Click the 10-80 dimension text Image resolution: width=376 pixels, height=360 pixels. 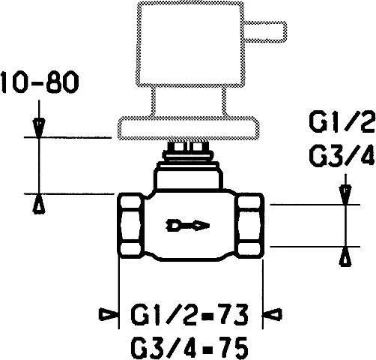40,82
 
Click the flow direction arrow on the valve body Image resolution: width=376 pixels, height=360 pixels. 188,226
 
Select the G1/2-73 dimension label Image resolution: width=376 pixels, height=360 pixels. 189,314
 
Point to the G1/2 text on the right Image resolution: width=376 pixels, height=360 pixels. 342,122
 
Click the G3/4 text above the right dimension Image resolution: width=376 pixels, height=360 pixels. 342,155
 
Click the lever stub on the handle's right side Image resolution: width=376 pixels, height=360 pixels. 265,31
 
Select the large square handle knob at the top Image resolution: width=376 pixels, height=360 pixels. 190,44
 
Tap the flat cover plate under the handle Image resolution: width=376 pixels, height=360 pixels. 189,128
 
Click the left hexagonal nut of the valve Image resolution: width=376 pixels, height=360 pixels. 131,226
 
